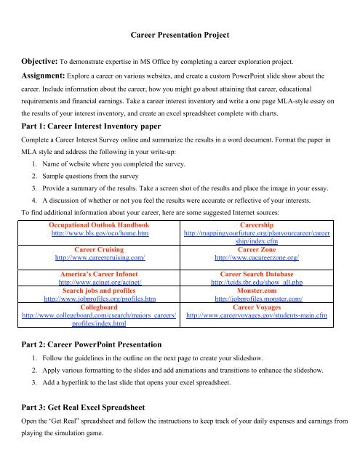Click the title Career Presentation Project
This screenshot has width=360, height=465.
(x=180, y=34)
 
